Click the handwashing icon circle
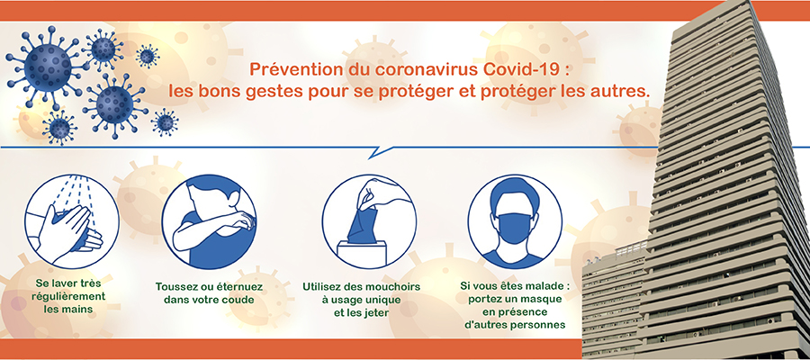72,221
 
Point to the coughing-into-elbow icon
209,221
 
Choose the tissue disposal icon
369,221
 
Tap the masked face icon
515,221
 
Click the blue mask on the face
516,228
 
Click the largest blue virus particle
48,67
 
